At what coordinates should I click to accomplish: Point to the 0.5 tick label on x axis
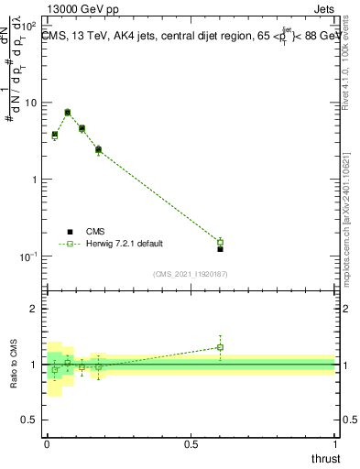point(190,443)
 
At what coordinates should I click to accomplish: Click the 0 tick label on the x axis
point(47,443)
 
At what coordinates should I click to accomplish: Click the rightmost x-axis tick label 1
point(335,443)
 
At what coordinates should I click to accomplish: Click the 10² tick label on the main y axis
point(29,26)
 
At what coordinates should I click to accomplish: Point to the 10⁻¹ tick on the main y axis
point(28,256)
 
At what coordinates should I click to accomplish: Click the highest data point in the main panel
point(68,113)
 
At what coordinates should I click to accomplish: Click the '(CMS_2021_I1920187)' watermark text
point(190,273)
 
